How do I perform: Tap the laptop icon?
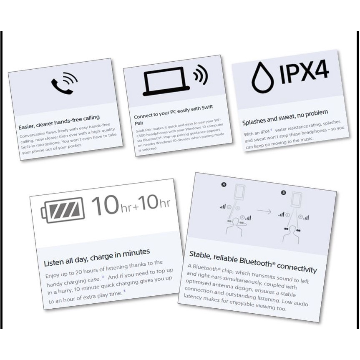(166, 81)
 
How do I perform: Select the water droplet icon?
(262, 78)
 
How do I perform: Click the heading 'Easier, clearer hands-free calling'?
(59, 122)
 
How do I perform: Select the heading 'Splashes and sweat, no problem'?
(285, 117)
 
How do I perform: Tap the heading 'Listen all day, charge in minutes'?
(97, 257)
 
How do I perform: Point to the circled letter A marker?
(224, 184)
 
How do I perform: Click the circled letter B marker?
(284, 192)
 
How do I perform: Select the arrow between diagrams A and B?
(264, 211)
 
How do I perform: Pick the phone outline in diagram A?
(239, 192)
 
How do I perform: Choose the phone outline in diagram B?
(296, 200)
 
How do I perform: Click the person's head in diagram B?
(292, 230)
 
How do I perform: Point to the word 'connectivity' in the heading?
(297, 268)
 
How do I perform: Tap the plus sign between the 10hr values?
(136, 207)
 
